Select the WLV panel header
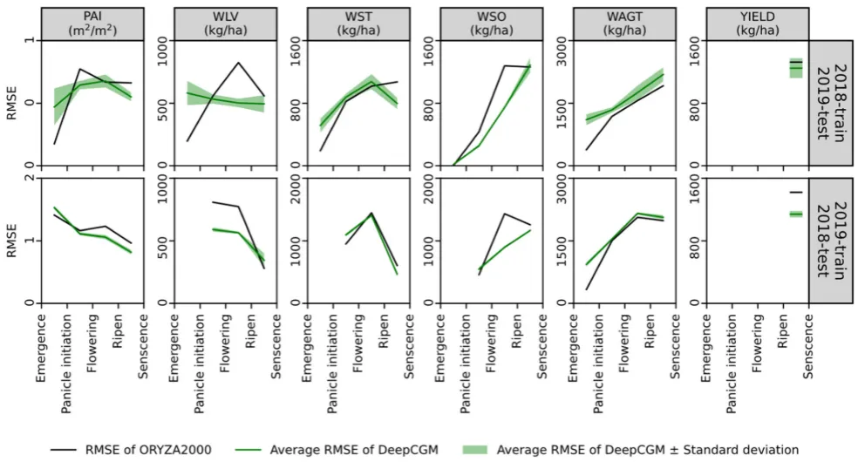coord(226,24)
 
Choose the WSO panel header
coord(492,24)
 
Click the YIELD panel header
coord(757,24)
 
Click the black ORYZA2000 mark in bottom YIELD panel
coord(795,192)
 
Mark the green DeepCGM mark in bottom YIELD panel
coord(795,214)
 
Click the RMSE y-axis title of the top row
coord(10,102)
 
